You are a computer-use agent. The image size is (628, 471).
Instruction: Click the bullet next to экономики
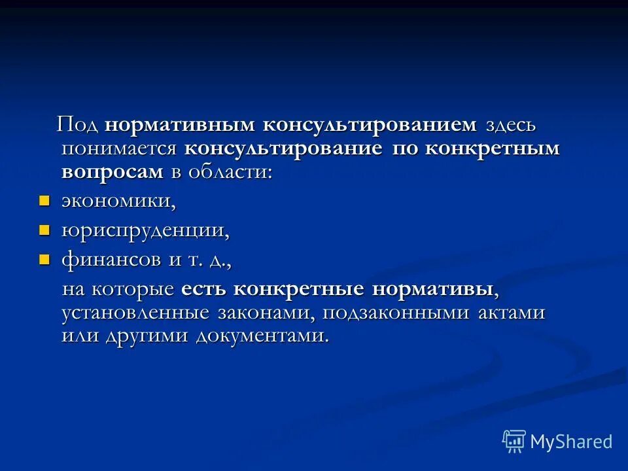(x=44, y=200)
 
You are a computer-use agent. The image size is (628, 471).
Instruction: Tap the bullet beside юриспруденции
(x=44, y=230)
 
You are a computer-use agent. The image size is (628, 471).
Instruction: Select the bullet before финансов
(x=44, y=260)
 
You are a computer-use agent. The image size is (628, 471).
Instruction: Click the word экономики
(x=118, y=201)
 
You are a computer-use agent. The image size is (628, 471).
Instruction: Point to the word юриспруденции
(x=146, y=231)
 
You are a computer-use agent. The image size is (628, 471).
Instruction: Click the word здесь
(x=510, y=125)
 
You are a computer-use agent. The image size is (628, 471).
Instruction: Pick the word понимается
(x=119, y=148)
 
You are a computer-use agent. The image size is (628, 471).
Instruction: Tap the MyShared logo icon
(x=514, y=442)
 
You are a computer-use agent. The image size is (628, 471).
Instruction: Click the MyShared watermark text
(x=571, y=442)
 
